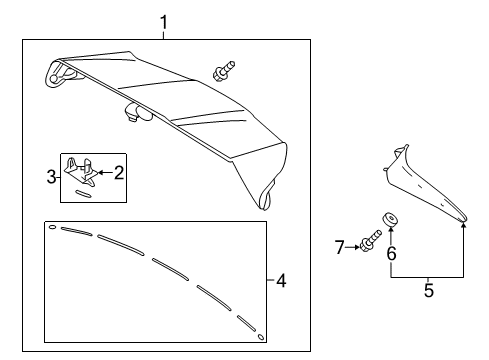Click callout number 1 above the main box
coord(166,21)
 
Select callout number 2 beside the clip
coord(119,172)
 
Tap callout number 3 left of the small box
coord(51,178)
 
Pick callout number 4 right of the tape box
coord(281,282)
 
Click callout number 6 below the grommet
coord(391,255)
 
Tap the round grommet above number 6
coord(390,221)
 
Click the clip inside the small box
coord(82,170)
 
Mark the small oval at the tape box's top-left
coord(52,227)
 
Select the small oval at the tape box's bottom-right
coord(261,337)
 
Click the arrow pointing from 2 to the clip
coord(104,172)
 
